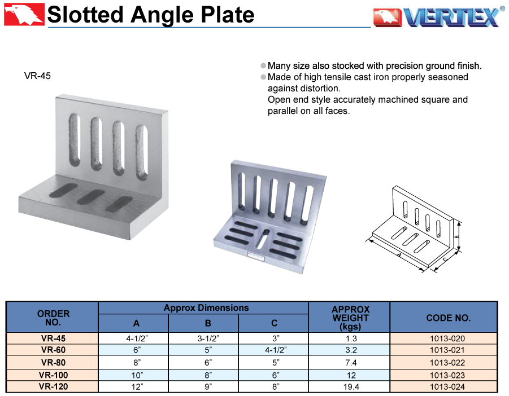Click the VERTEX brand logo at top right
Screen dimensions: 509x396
438,16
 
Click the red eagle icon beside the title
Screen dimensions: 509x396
24,14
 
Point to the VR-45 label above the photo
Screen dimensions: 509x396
37,76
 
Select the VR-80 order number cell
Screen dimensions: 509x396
53,362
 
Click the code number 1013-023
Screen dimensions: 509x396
447,375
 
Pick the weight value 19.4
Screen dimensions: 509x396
351,386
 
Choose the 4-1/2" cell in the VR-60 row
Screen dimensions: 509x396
276,350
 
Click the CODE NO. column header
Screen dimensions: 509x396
449,318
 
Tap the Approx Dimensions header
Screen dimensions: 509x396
206,308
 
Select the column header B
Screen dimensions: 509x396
208,323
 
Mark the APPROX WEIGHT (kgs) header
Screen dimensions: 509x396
351,318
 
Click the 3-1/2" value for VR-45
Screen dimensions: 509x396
208,338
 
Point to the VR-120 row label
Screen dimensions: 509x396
53,386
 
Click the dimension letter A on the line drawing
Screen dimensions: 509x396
399,256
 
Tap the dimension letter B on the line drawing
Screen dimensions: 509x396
456,237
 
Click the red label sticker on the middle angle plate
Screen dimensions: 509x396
256,256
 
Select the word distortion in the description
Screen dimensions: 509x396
320,89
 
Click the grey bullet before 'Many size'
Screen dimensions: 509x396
263,66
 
